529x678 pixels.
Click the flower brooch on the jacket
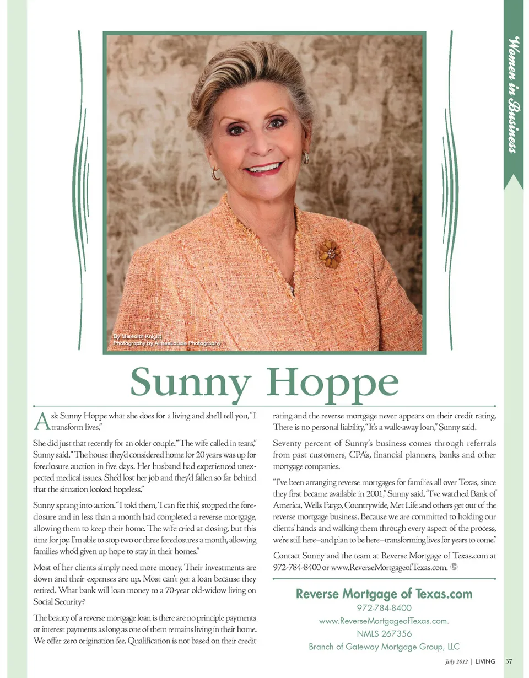[x=330, y=254]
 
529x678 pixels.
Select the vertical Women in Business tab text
[x=514, y=94]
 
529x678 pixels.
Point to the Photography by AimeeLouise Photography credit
[x=166, y=343]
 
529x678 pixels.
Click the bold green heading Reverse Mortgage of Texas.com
[x=384, y=594]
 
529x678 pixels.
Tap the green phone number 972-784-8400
[x=384, y=609]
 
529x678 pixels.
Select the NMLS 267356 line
[x=384, y=633]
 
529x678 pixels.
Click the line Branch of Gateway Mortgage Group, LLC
[x=384, y=647]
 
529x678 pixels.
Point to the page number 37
[x=509, y=661]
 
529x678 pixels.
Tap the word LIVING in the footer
[x=485, y=661]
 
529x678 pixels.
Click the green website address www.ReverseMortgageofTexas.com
[x=384, y=621]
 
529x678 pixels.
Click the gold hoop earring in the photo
[x=215, y=174]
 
